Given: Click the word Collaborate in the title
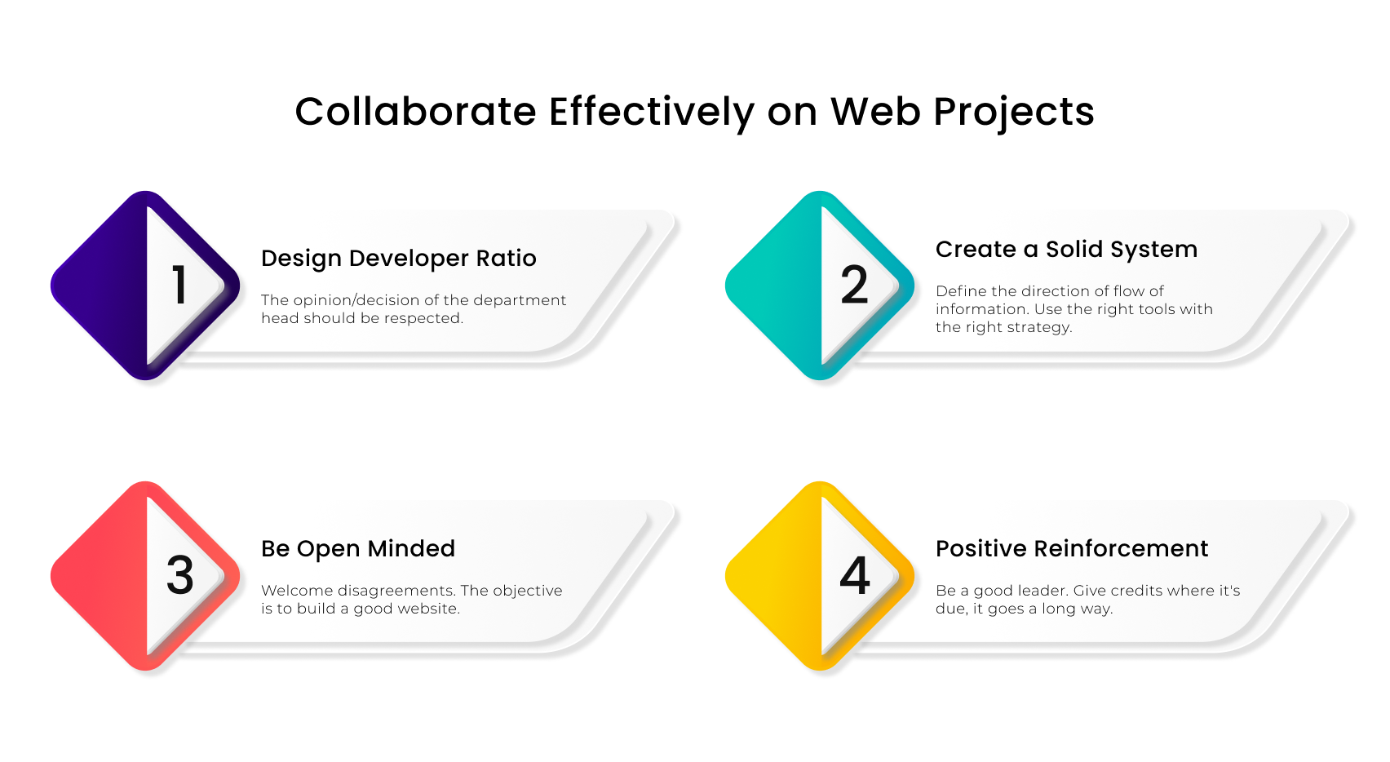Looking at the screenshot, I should click(x=415, y=112).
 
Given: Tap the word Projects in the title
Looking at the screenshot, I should click(x=1013, y=112).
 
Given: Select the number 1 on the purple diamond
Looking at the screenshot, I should click(x=180, y=286).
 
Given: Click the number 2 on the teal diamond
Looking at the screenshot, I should click(x=854, y=286).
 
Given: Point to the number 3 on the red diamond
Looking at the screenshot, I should click(x=180, y=575).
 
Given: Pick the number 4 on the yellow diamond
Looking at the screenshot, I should click(x=855, y=575).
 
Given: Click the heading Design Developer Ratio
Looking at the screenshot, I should click(x=398, y=259).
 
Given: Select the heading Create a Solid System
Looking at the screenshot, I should click(x=1066, y=250).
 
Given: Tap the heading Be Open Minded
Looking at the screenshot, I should click(x=357, y=549).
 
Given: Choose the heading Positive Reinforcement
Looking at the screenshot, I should click(x=1071, y=549).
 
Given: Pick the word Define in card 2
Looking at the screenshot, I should click(x=961, y=291).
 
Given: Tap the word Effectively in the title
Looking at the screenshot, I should click(x=652, y=112).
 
